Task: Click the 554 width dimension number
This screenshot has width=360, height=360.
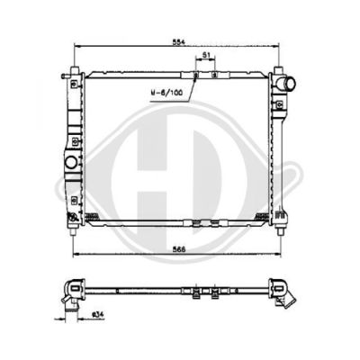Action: (x=179, y=42)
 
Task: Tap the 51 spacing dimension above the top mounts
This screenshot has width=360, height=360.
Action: (x=205, y=55)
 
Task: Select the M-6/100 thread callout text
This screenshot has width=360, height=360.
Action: (x=166, y=93)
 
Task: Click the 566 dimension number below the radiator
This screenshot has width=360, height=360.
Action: (x=180, y=249)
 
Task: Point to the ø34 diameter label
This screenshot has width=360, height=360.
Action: (x=98, y=314)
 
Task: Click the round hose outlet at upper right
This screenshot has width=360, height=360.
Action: (x=287, y=83)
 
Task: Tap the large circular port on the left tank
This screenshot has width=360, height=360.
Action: (x=71, y=162)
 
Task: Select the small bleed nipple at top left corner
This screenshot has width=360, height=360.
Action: (x=65, y=76)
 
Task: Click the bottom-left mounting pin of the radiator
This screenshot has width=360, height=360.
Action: (x=73, y=231)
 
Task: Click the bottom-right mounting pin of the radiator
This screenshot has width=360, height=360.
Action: (x=280, y=231)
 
